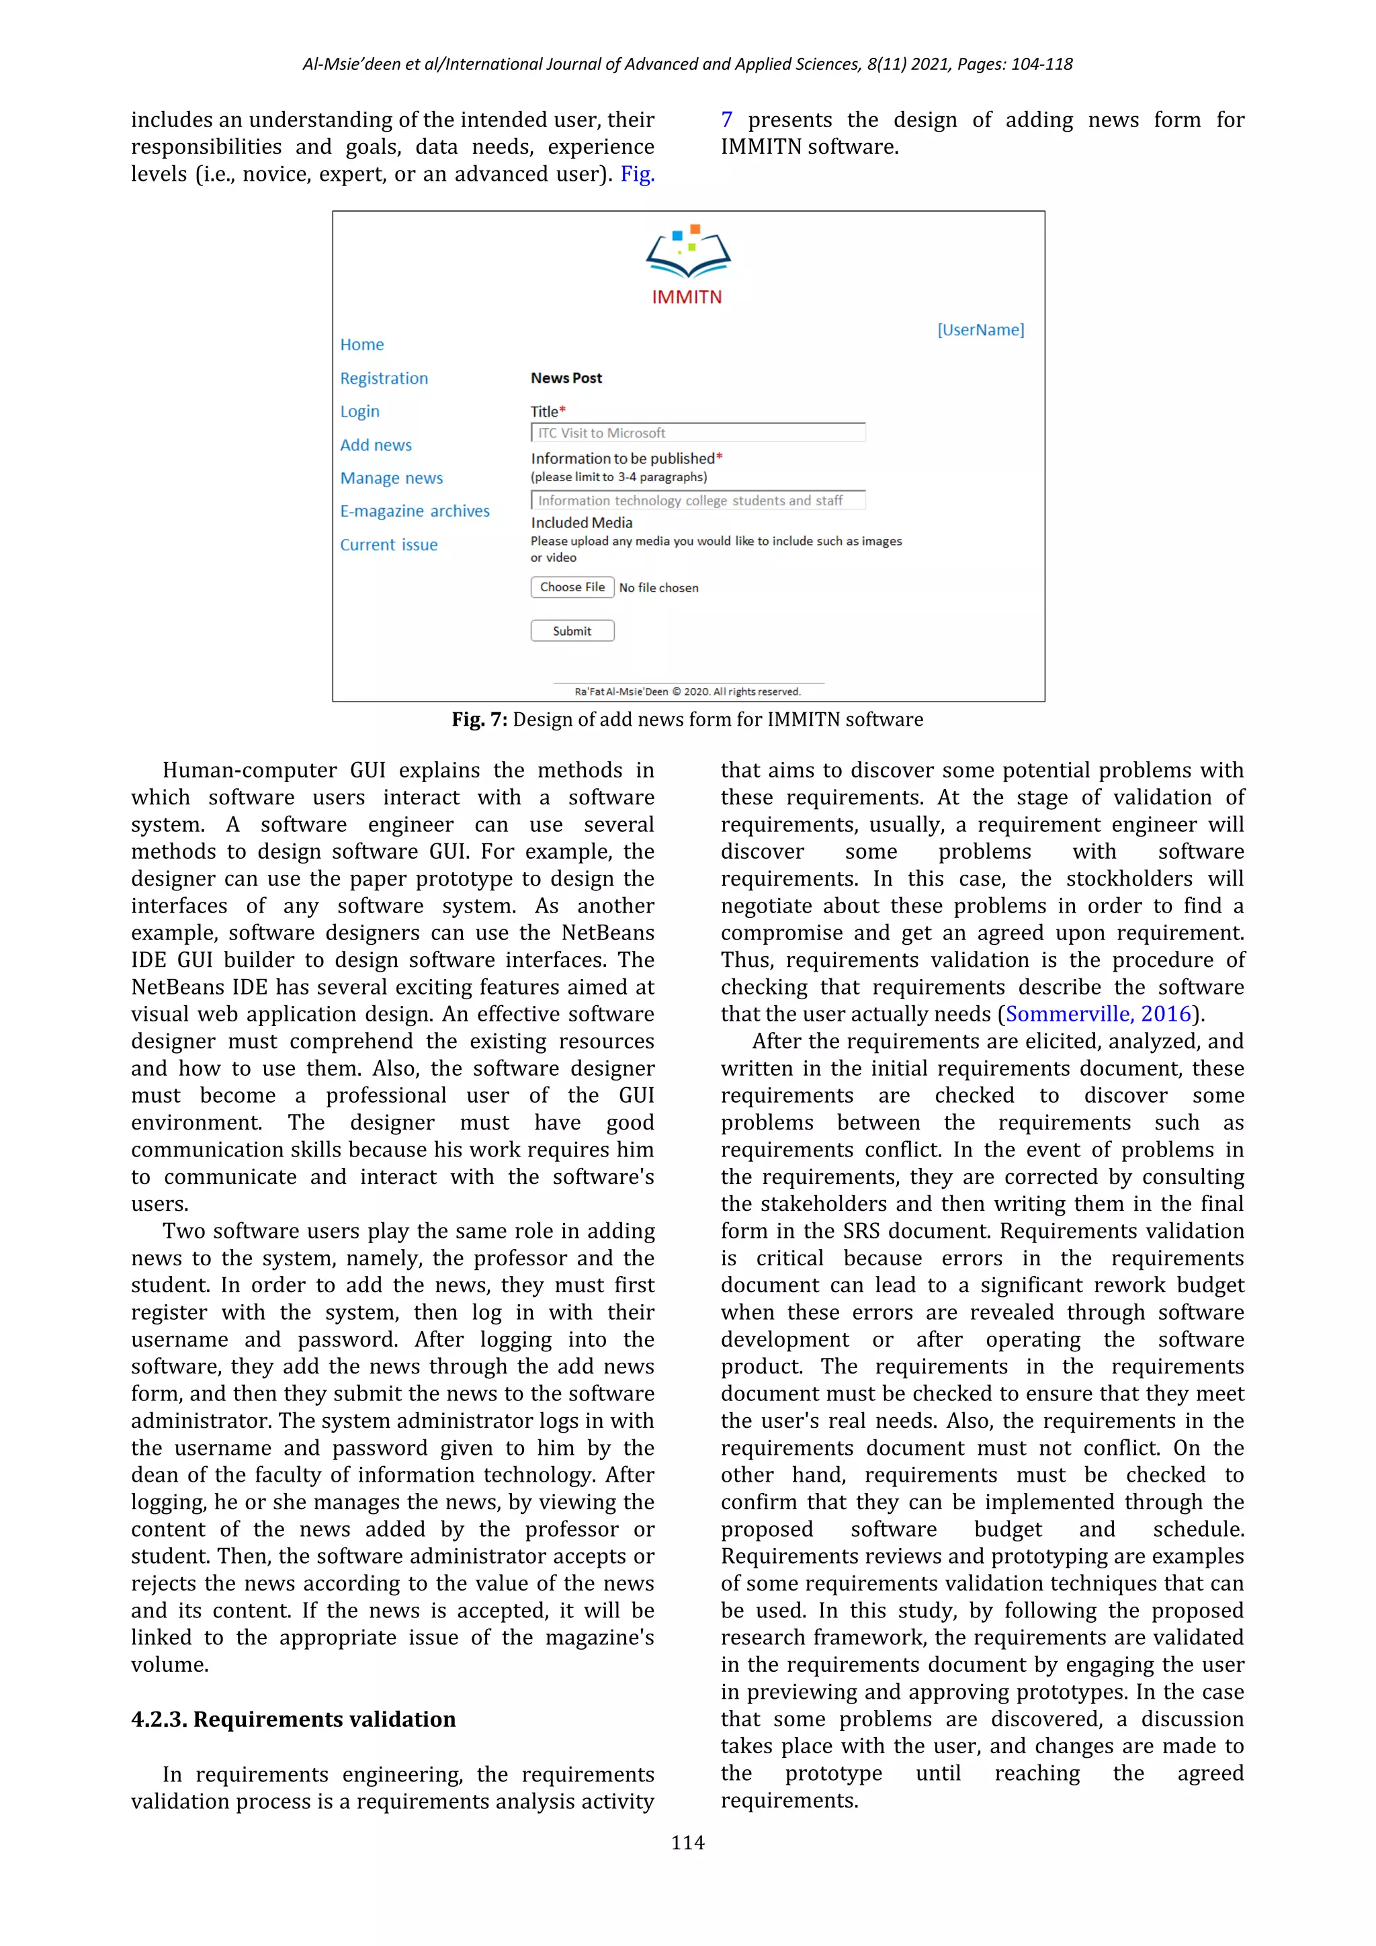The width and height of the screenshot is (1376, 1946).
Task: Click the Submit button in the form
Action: [572, 630]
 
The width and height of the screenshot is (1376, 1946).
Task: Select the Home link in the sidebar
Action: [361, 344]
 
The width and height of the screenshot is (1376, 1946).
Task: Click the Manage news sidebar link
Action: [392, 478]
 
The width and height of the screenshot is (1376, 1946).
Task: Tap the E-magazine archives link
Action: [415, 511]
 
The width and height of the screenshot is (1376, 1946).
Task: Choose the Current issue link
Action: [389, 545]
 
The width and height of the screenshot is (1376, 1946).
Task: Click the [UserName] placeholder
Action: [980, 330]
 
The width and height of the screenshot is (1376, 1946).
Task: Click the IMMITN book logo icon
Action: [688, 253]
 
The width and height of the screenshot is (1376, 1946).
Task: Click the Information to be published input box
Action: [697, 501]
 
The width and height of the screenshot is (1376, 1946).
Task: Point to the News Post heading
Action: [566, 378]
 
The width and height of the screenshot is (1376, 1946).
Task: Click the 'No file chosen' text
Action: [658, 587]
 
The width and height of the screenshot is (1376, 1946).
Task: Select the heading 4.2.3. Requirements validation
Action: [293, 1719]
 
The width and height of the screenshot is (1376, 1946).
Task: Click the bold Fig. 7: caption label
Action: [480, 720]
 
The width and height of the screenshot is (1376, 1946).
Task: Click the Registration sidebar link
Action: [384, 378]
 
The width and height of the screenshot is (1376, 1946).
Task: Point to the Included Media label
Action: [581, 523]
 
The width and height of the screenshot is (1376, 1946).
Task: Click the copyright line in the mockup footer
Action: [687, 691]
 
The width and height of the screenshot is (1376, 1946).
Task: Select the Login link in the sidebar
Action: [359, 411]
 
